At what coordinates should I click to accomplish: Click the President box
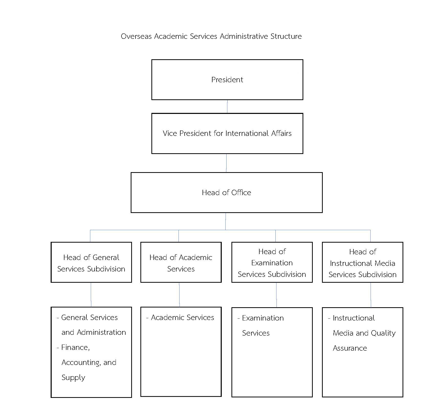(x=227, y=80)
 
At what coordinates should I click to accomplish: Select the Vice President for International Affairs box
(x=227, y=133)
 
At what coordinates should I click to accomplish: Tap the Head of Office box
(x=227, y=192)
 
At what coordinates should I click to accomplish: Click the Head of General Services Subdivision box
(x=91, y=262)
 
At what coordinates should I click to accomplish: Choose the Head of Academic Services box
(x=181, y=262)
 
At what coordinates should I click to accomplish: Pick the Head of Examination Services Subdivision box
(x=272, y=262)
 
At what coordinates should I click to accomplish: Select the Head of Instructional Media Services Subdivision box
(x=362, y=262)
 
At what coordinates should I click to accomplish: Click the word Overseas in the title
(x=136, y=36)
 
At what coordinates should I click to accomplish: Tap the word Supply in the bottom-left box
(x=73, y=378)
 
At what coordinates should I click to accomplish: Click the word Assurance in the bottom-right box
(x=350, y=348)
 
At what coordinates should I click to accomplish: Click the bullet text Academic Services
(x=182, y=317)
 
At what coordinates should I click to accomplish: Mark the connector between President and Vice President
(x=227, y=106)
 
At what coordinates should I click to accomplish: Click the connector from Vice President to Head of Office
(x=226, y=163)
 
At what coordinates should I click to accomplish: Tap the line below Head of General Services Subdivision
(x=91, y=295)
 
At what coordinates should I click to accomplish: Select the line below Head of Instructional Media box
(x=371, y=295)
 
